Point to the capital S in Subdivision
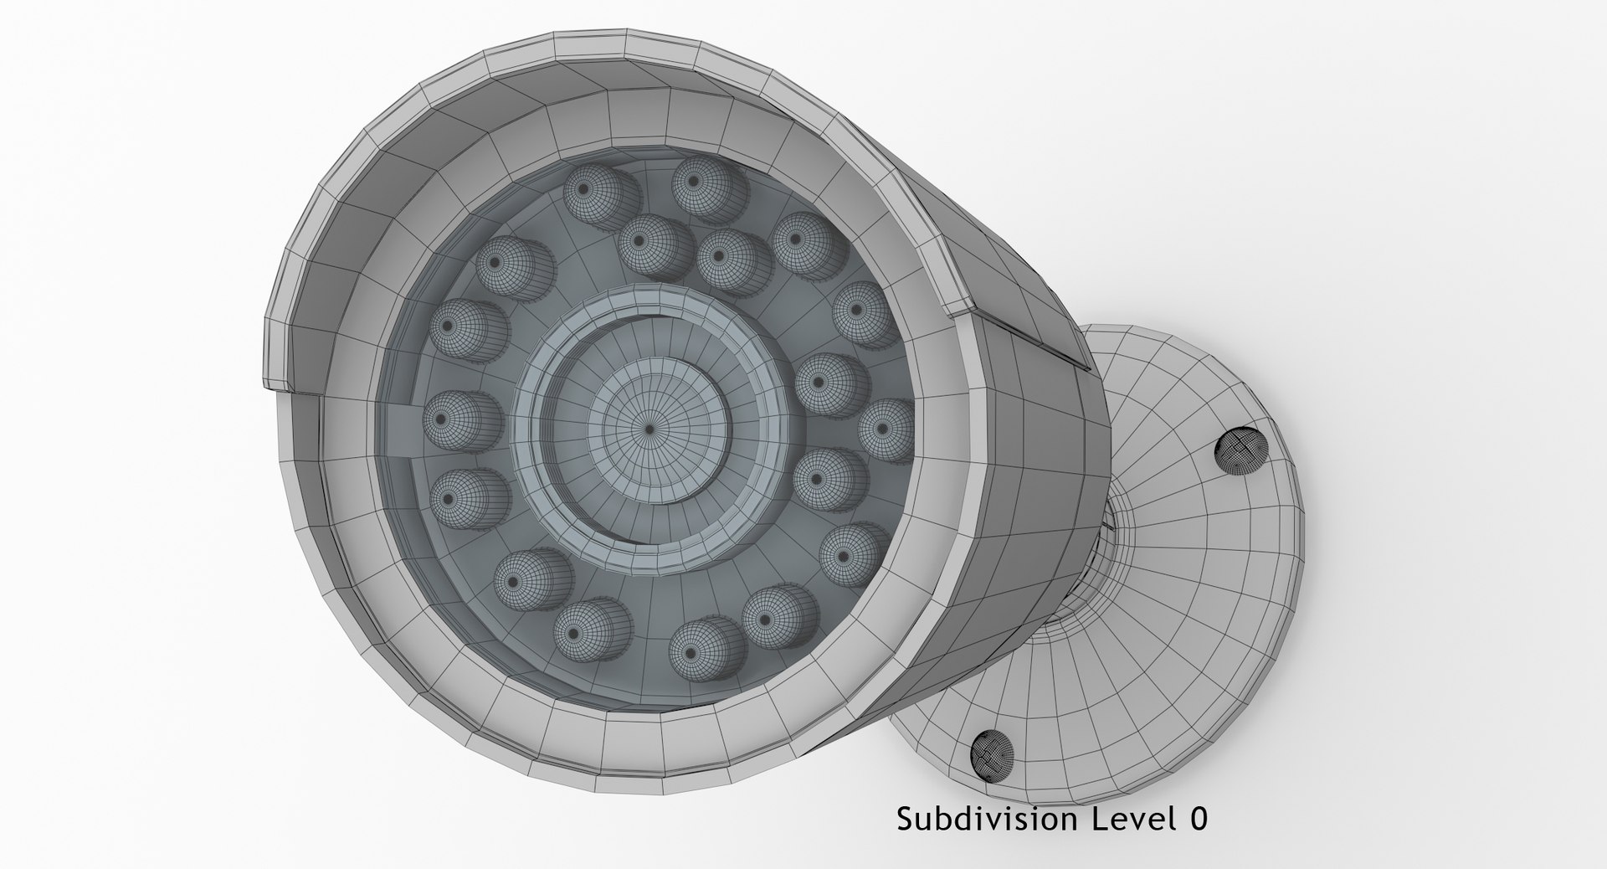[904, 820]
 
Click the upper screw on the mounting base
[1240, 451]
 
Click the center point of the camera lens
[649, 428]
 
